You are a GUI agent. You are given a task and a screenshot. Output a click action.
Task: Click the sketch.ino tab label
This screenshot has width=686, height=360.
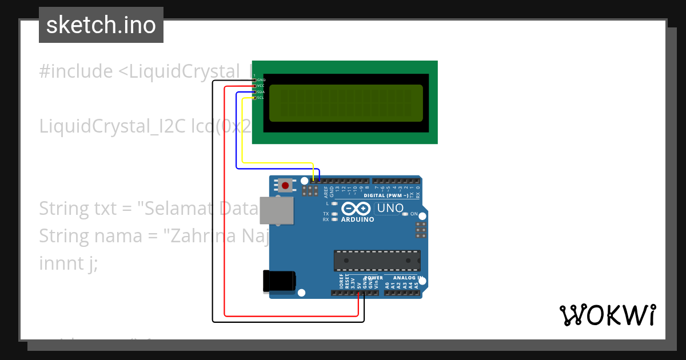101,25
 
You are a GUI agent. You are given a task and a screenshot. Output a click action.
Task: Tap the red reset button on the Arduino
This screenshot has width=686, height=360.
285,185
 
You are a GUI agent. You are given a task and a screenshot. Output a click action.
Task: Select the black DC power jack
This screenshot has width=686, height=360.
278,281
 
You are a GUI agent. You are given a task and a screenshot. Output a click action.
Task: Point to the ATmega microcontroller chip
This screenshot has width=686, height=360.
377,260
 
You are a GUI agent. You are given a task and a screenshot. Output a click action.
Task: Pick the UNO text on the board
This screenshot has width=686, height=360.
390,209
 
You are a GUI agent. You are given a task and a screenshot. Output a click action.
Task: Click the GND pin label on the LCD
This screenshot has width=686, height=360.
260,80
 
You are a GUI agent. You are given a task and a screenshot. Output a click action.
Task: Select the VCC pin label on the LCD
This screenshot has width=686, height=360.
260,86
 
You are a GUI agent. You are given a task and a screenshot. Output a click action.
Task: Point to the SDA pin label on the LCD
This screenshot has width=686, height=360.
260,92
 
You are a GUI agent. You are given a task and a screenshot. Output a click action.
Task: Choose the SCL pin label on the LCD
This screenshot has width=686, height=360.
260,98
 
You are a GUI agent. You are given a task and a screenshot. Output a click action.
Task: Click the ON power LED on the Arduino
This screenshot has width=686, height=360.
405,214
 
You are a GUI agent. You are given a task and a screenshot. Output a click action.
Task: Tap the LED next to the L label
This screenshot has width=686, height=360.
334,203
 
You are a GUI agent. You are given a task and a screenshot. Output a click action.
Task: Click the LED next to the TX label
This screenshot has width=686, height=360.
334,214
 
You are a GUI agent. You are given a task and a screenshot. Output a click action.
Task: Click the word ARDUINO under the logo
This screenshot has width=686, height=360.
358,219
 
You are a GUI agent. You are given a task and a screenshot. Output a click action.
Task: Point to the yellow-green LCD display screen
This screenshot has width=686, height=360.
345,103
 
